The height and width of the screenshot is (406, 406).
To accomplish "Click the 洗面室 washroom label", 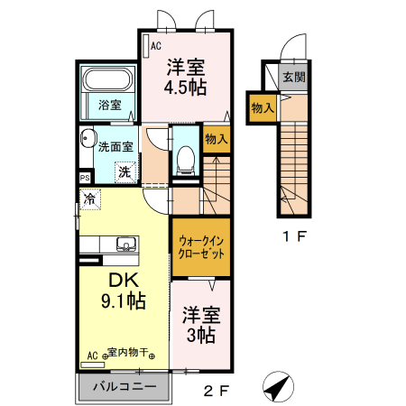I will pos(115,146).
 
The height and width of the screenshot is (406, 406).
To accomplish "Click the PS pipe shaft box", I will pos(84,179).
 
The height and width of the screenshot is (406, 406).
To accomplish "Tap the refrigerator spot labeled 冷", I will pos(90,198).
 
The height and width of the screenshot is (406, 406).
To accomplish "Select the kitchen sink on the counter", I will pos(125,244).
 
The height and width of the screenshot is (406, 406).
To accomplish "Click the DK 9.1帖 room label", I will pos(124,291).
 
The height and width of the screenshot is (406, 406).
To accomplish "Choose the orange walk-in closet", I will pos(200,247).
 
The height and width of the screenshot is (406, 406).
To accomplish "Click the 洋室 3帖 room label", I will pos(200,324).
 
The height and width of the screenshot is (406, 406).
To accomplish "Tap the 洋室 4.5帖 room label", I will pos(185,77).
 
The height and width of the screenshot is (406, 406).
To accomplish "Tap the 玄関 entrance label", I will pos(293,77).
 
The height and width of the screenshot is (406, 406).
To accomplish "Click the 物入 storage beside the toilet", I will pos(216,139).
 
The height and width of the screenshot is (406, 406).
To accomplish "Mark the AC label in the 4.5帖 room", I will pos(155,45).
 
